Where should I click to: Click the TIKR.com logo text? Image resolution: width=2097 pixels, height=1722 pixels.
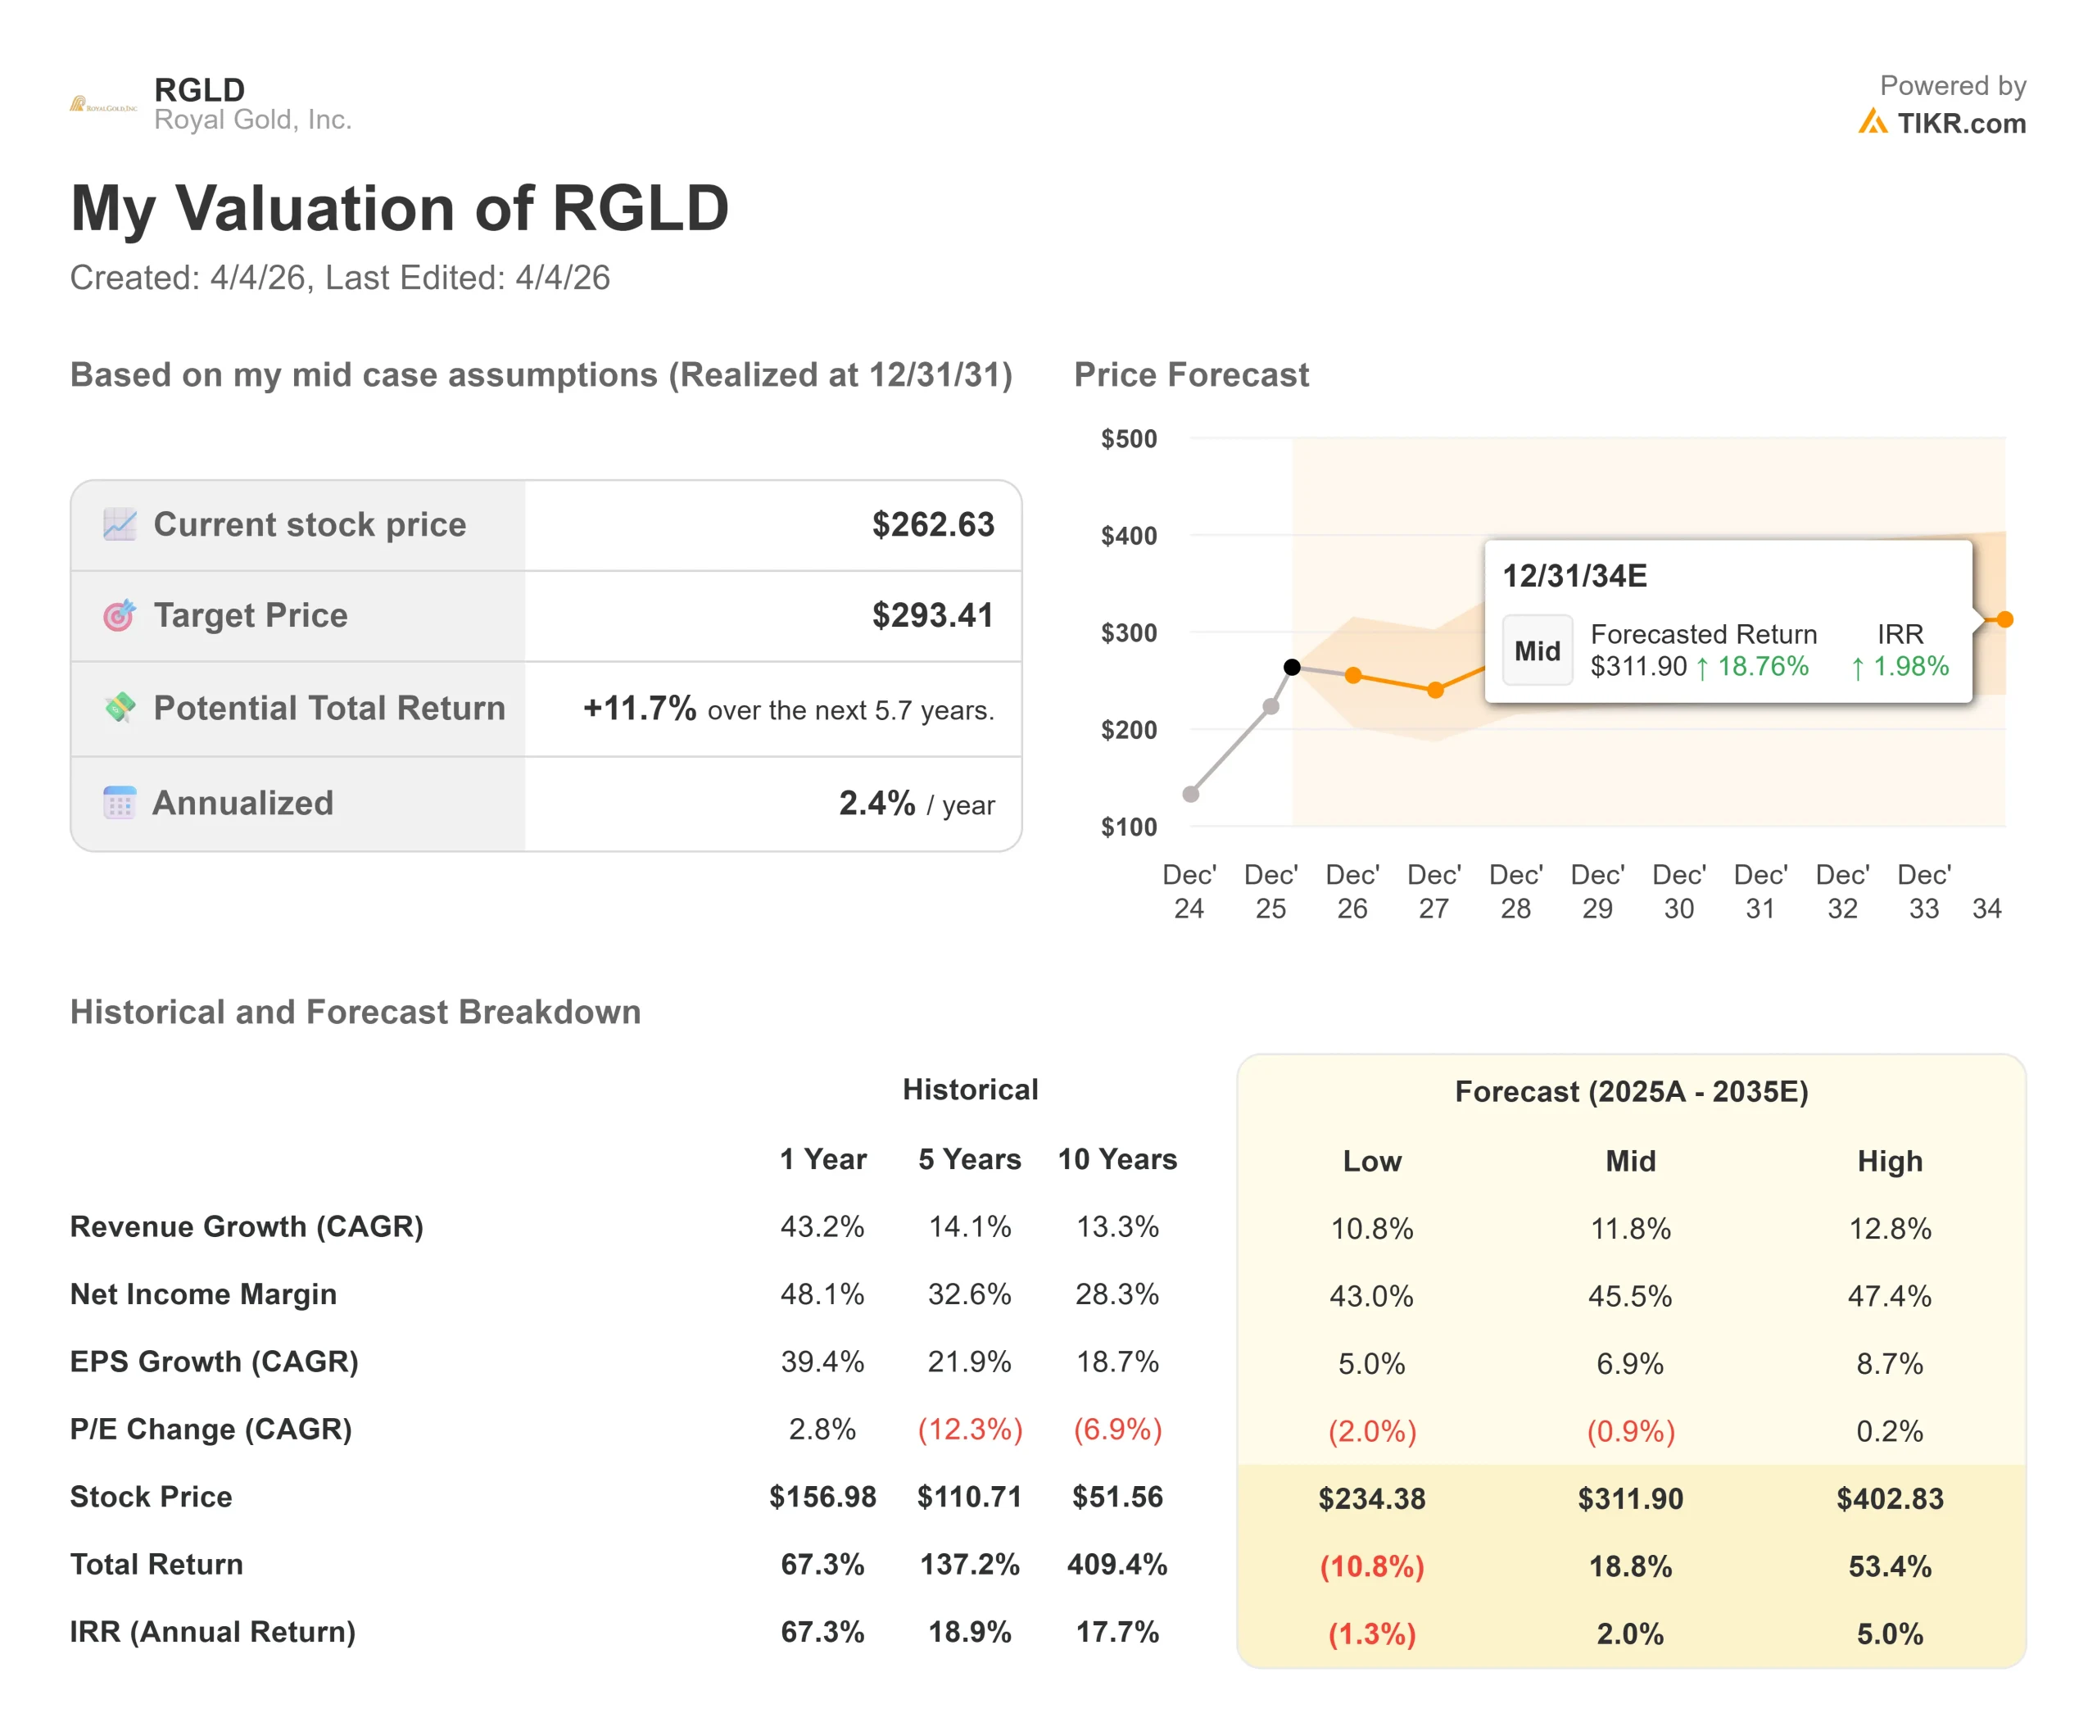1960,124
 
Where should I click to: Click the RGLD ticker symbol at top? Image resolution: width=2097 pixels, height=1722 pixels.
199,89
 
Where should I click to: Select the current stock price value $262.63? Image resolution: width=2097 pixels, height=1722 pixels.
932,525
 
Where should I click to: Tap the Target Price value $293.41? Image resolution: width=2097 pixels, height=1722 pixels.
932,615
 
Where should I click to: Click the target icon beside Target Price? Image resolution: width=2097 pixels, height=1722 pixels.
119,616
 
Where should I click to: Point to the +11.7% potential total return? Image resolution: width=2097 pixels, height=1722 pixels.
640,709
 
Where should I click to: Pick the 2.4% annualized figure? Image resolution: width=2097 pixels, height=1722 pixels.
877,804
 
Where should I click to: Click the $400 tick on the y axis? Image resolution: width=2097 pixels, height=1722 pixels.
1129,536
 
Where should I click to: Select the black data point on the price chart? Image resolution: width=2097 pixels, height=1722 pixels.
1292,667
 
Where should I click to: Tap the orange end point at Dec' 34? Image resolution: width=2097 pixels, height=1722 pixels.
2004,620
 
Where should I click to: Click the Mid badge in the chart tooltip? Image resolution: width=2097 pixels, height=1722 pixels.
1537,650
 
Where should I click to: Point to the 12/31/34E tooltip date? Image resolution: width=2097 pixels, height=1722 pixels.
1574,576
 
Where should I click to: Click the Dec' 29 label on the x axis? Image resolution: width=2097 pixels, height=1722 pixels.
1597,890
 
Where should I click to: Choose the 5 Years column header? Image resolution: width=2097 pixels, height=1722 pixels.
969,1158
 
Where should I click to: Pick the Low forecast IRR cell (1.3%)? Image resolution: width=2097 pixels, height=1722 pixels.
1372,1634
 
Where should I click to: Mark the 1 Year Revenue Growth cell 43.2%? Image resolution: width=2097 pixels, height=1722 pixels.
822,1227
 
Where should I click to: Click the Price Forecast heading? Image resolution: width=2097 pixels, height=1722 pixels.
1191,375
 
